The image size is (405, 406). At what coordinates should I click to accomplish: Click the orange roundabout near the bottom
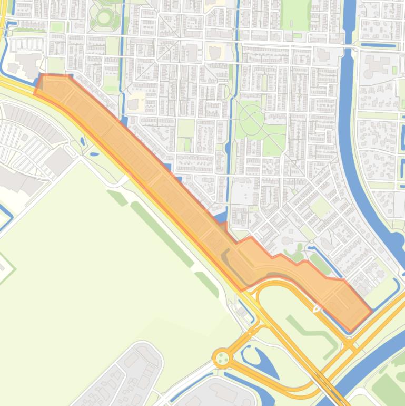coord(222,359)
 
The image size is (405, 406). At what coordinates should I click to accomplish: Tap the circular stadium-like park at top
coord(104,18)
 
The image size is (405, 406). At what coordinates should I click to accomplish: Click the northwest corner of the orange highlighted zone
coord(42,77)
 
